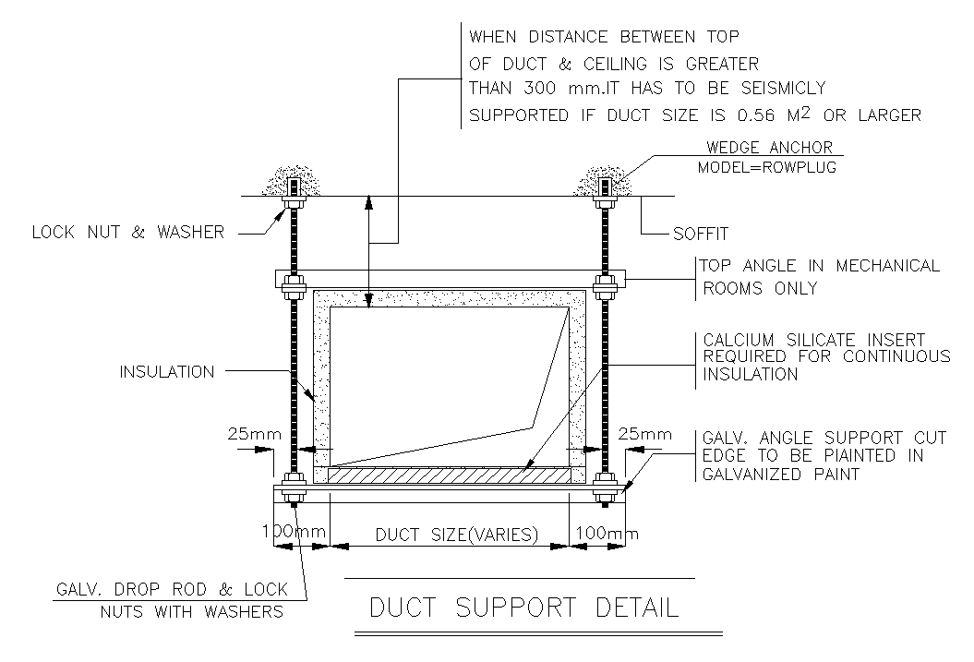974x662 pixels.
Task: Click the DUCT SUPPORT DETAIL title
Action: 523,608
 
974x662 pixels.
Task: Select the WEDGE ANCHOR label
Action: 769,148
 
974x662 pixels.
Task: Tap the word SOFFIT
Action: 701,235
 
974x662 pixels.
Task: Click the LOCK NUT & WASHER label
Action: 128,233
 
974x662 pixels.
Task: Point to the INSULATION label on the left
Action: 166,372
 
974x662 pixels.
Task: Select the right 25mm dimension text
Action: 644,433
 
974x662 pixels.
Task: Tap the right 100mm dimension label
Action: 605,534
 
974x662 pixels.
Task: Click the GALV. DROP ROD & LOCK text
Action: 172,590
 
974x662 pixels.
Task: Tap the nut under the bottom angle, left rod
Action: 294,500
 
